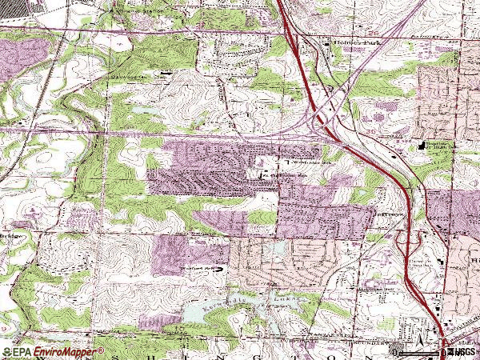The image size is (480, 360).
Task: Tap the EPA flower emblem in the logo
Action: click(x=6, y=352)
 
